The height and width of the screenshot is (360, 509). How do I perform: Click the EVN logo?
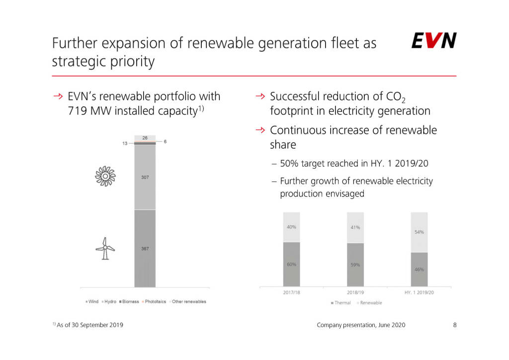click(434, 41)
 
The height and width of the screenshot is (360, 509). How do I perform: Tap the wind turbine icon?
click(105, 248)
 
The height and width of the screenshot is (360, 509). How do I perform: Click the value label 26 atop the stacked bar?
click(145, 138)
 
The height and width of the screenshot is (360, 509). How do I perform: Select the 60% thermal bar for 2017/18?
click(292, 264)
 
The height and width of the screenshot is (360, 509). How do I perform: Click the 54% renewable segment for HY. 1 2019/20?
click(419, 232)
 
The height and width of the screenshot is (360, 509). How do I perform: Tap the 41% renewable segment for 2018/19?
click(355, 228)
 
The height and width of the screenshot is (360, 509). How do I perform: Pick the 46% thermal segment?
click(419, 269)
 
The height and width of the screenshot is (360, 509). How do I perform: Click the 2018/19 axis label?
click(355, 293)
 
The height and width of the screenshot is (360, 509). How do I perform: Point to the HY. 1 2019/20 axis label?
click(419, 293)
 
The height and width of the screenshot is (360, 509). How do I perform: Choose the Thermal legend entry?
click(341, 303)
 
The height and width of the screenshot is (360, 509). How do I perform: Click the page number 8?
click(454, 325)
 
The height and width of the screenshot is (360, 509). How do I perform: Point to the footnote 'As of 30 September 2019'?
click(90, 325)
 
